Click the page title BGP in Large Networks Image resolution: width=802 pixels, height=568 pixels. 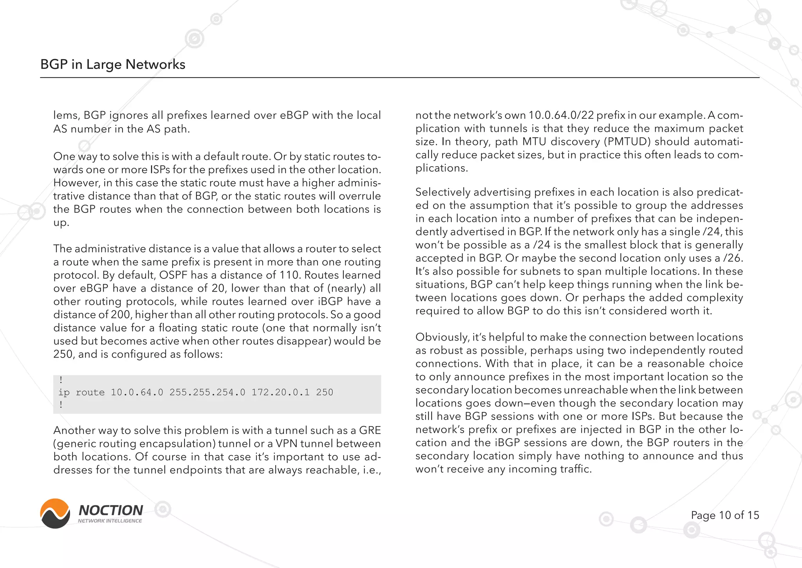[x=113, y=64]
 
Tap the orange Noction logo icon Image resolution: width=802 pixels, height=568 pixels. [x=55, y=514]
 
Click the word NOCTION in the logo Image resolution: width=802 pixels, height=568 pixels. [x=111, y=510]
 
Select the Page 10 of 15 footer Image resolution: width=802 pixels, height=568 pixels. [x=725, y=515]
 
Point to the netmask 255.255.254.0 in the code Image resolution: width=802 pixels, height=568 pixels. [x=207, y=392]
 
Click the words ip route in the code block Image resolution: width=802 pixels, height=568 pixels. [x=81, y=392]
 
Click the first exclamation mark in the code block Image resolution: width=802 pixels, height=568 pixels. [x=61, y=380]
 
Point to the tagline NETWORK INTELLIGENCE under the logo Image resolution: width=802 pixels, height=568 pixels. [x=110, y=521]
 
